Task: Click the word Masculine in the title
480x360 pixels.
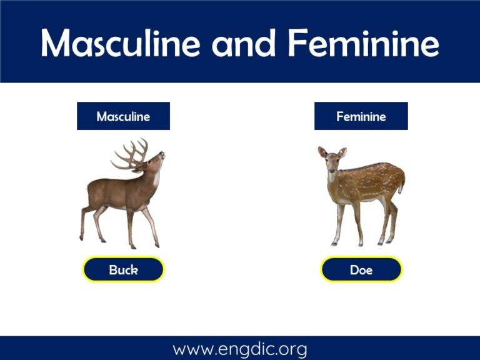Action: (120, 42)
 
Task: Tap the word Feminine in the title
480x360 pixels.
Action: (362, 42)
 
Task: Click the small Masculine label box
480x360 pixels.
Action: (123, 116)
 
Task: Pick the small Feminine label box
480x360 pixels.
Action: (361, 116)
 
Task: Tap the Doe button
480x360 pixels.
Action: (361, 270)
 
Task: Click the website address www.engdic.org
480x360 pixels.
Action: (240, 348)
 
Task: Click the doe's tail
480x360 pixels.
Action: (402, 181)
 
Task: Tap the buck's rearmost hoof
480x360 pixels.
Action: (81, 238)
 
